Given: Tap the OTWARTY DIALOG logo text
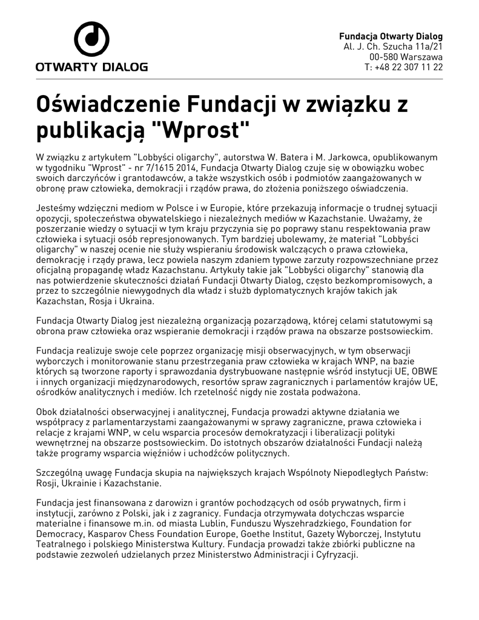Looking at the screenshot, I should (x=91, y=67).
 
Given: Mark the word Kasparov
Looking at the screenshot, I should (x=110, y=535).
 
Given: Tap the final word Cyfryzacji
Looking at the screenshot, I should (x=337, y=556).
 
